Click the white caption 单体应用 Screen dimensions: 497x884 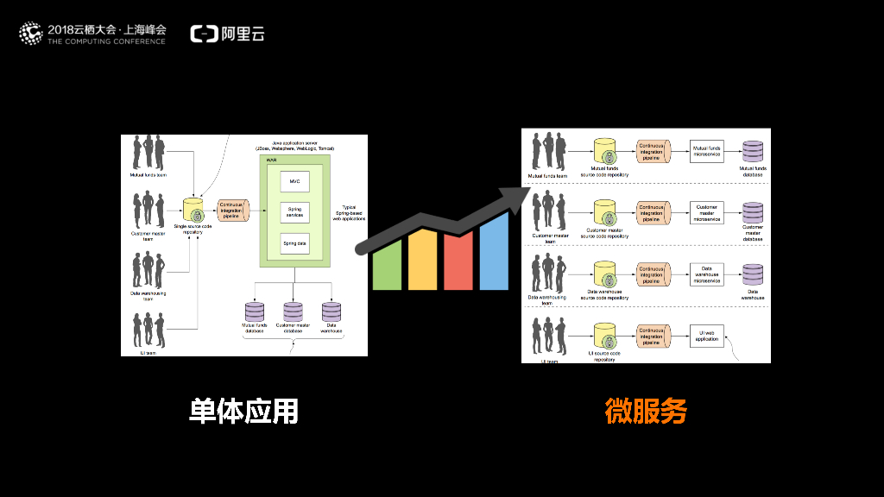243,412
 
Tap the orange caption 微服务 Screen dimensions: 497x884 646,412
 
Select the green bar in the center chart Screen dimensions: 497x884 388,265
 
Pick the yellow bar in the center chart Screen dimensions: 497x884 423,260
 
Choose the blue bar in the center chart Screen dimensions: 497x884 494,250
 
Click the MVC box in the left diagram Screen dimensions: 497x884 294,181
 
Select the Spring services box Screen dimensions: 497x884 294,211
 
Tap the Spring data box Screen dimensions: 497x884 294,243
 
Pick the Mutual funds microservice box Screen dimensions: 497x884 706,152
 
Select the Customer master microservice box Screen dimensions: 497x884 706,212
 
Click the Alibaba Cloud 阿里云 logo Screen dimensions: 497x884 228,34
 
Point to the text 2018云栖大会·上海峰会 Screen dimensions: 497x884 105,28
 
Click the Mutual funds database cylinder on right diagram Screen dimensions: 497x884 753,151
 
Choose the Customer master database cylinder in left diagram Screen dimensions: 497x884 294,311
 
